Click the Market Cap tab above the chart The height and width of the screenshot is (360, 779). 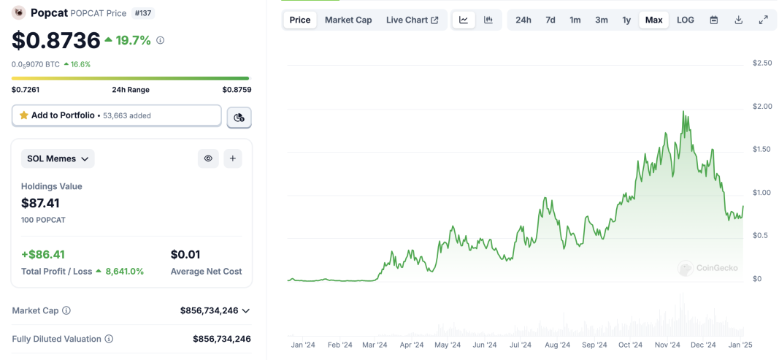348,20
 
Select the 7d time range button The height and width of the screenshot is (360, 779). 550,20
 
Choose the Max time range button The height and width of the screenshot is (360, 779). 654,20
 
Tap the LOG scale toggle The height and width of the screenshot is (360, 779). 686,20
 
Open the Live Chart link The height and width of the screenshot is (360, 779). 412,20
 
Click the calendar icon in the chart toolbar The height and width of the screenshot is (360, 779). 714,20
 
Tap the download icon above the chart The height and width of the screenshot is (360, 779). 739,20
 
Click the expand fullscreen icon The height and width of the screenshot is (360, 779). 764,20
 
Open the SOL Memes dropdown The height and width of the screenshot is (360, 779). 58,158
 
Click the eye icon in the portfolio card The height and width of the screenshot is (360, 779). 208,158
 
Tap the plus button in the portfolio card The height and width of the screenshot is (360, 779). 232,158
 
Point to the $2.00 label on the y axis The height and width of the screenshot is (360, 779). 761,107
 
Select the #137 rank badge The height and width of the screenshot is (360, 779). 143,13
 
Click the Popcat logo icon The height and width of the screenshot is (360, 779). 19,13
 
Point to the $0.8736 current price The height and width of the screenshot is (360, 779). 56,40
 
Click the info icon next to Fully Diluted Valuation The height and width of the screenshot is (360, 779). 109,339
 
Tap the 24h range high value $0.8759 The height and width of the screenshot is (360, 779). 237,90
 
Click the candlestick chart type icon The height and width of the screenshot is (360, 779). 488,20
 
